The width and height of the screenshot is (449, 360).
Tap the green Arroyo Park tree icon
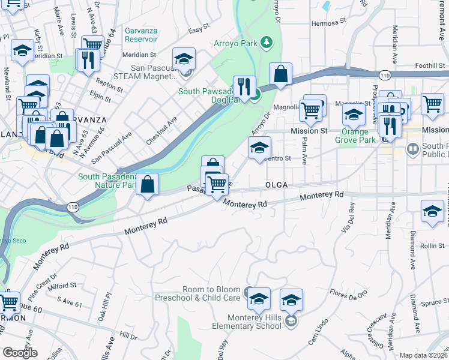coord(265,43)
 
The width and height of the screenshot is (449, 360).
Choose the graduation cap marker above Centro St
coord(259,147)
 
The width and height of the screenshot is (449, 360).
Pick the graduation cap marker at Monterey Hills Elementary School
coord(291,299)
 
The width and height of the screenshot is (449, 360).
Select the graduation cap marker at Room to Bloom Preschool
coord(259,298)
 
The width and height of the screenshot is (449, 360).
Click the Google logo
coord(20,353)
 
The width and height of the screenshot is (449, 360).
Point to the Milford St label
coord(62,286)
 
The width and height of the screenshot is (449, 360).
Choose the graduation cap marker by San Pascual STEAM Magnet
coord(184,58)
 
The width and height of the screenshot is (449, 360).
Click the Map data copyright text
coord(423,355)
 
